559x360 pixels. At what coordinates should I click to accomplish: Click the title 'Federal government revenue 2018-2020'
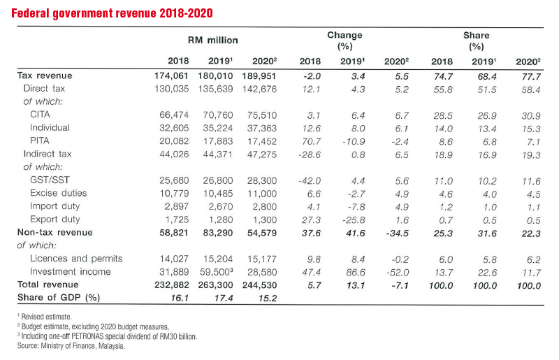pyautogui.click(x=112, y=13)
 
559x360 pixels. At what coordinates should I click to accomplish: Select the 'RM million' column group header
pyautogui.click(x=213, y=41)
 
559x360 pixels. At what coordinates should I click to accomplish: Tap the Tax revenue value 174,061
pyautogui.click(x=171, y=76)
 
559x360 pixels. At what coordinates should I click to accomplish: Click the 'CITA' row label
pyautogui.click(x=40, y=115)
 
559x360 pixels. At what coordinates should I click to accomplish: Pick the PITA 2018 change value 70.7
pyautogui.click(x=311, y=142)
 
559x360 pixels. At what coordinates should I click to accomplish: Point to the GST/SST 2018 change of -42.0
pyautogui.click(x=310, y=181)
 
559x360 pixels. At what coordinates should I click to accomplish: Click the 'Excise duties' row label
pyautogui.click(x=59, y=193)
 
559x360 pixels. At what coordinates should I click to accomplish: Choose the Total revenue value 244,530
pyautogui.click(x=259, y=285)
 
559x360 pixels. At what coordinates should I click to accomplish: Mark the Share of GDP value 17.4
pyautogui.click(x=224, y=298)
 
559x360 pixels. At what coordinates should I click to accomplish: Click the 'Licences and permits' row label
pyautogui.click(x=76, y=259)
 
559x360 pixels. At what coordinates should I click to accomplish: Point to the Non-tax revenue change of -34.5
pyautogui.click(x=397, y=233)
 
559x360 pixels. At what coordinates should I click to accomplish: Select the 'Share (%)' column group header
pyautogui.click(x=477, y=41)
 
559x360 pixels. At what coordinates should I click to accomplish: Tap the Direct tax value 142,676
pyautogui.click(x=259, y=89)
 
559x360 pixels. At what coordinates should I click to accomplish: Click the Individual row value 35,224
pyautogui.click(x=218, y=129)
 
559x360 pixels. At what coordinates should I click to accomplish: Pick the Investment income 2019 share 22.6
pyautogui.click(x=487, y=273)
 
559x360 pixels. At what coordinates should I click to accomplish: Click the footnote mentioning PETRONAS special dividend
pyautogui.click(x=107, y=336)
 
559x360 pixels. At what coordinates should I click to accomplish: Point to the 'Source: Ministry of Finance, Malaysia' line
pyautogui.click(x=71, y=346)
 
